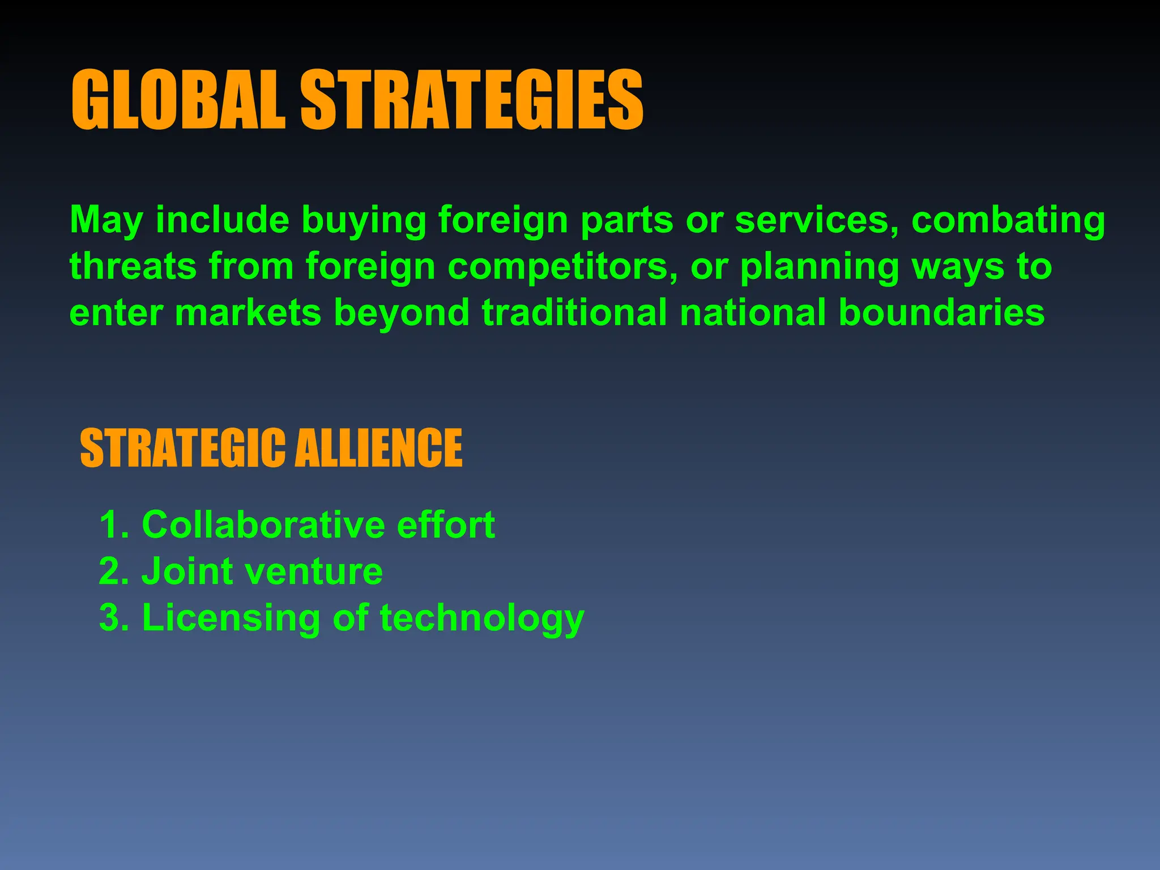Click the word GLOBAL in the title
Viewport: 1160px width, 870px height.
point(178,100)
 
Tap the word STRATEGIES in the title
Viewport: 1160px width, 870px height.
point(471,100)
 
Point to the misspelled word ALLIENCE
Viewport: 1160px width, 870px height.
point(378,448)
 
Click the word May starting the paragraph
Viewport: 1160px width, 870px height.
point(105,220)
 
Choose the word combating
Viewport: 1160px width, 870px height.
point(1008,220)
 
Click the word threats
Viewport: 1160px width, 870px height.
point(133,266)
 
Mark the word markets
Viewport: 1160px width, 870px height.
point(248,313)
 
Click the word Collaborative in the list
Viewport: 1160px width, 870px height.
point(262,524)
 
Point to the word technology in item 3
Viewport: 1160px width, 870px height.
point(482,617)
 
